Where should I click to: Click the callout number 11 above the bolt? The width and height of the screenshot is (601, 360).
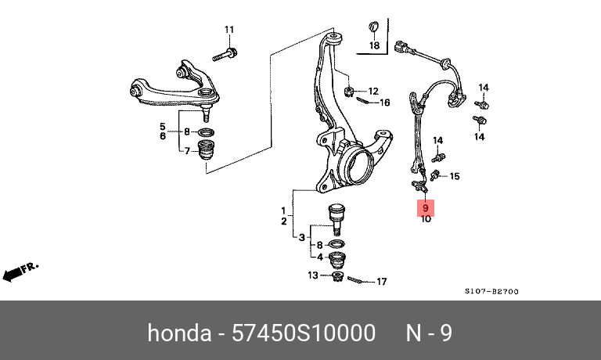click(229, 31)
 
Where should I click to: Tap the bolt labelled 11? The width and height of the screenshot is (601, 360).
click(225, 55)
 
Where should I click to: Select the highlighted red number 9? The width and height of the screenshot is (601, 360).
click(426, 208)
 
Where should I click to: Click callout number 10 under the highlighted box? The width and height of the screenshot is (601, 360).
click(426, 219)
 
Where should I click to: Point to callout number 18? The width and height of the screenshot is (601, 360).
click(374, 46)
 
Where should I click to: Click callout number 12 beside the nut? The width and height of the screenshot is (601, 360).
click(373, 91)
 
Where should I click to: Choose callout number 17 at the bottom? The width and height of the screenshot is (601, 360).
click(382, 282)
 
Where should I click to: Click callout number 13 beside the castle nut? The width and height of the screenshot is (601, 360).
click(313, 275)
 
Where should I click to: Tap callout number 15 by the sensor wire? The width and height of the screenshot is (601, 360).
click(455, 176)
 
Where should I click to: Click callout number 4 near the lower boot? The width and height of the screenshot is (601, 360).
click(318, 257)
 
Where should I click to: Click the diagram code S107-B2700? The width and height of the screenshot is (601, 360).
click(491, 291)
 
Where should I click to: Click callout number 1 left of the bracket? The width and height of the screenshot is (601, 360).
click(285, 211)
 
